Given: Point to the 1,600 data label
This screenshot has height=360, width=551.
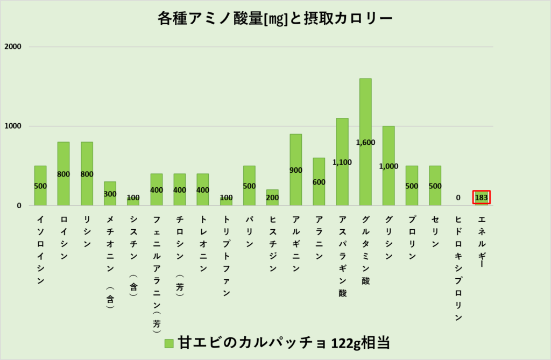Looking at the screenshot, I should tap(365, 143).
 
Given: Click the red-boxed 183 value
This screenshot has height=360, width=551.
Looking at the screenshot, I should tap(482, 197).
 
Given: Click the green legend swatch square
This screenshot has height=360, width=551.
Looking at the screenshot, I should tap(169, 343).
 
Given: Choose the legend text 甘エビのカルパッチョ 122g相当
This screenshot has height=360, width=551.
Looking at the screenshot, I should tap(284, 343).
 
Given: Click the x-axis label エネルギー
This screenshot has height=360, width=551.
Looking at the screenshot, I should tap(482, 242).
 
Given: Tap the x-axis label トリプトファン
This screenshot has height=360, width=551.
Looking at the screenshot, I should tap(226, 256).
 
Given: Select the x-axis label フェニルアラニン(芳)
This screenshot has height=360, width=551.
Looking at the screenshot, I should tap(157, 272).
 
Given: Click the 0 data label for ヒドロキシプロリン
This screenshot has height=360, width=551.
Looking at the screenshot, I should tap(458, 197).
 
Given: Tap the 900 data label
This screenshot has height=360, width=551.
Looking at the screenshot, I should tap(296, 170).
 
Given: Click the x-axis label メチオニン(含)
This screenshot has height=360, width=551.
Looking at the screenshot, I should tap(110, 264).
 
